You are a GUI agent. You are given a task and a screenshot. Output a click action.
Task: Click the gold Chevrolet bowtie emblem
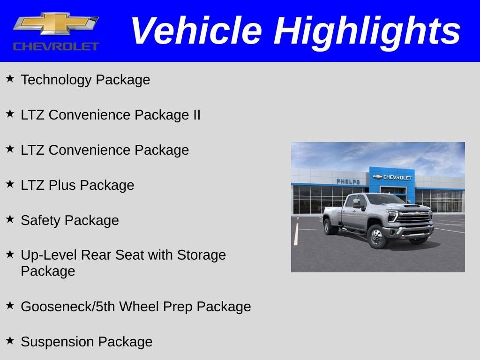pyautogui.click(x=56, y=24)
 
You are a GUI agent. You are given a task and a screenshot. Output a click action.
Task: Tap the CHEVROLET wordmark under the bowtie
pyautogui.click(x=56, y=46)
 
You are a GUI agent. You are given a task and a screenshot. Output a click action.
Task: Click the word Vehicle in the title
pyautogui.click(x=196, y=31)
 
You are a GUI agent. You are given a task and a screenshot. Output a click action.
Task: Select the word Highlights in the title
pyautogui.click(x=367, y=31)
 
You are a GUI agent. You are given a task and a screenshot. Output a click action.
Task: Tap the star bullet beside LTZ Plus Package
pyautogui.click(x=10, y=184)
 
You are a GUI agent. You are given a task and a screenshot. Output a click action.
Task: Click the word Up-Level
pyautogui.click(x=49, y=255)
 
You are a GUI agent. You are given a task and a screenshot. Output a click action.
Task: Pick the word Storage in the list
pyautogui.click(x=201, y=255)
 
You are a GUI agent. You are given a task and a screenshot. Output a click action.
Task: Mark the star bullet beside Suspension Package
pyautogui.click(x=10, y=341)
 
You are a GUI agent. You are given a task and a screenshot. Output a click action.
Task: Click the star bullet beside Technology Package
pyautogui.click(x=10, y=79)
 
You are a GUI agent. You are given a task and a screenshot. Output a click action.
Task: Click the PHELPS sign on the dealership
pyautogui.click(x=348, y=181)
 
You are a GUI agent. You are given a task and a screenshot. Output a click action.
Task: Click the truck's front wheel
pyautogui.click(x=376, y=237)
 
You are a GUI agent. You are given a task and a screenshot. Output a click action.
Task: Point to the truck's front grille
pyautogui.click(x=414, y=217)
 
